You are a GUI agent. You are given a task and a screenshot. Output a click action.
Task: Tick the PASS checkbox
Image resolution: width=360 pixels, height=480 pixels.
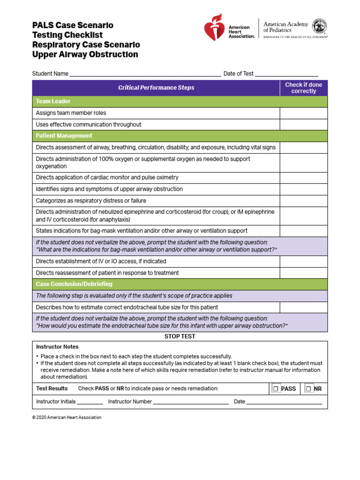[276, 389]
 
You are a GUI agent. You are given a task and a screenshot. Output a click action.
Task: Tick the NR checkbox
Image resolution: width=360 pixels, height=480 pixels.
[308, 389]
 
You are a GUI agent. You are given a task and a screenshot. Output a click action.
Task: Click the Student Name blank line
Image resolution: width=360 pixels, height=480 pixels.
[145, 74]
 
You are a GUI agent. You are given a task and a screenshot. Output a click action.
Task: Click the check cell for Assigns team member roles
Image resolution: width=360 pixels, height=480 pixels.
[303, 113]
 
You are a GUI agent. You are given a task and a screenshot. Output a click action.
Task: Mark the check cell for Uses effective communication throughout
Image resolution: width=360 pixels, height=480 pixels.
[303, 125]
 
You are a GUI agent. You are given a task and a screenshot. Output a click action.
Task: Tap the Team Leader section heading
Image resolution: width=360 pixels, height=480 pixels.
[53, 101]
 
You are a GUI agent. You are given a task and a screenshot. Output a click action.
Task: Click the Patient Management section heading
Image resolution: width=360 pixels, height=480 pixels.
[64, 136]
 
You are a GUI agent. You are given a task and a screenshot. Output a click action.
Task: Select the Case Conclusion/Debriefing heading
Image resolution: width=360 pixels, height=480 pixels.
[74, 284]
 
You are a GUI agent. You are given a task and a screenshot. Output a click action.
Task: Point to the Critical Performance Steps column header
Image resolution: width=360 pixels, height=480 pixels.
[156, 88]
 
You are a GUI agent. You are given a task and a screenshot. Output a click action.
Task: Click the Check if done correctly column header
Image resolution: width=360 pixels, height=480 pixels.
[303, 88]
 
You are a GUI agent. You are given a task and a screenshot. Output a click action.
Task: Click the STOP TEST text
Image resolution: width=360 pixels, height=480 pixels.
[180, 337]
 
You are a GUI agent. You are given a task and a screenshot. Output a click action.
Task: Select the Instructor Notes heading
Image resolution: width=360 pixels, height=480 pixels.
[57, 347]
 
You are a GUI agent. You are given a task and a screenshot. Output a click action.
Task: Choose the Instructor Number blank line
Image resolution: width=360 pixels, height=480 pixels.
[191, 402]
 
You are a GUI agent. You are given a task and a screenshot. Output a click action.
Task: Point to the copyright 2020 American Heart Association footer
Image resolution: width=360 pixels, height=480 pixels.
[67, 417]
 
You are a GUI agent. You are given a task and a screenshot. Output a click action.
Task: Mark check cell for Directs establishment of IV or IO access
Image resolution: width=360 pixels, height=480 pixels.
[303, 261]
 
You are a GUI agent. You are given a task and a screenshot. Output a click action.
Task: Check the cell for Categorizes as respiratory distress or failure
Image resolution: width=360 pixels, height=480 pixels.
[303, 201]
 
